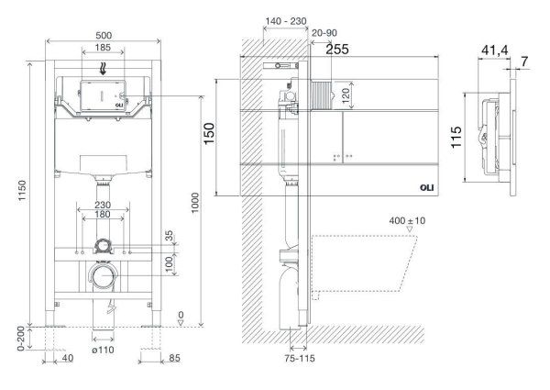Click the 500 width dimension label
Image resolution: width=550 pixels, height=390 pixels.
pos(104,36)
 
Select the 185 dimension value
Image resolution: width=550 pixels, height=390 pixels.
pos(103,48)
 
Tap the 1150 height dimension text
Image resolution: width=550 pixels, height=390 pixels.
pos(22,190)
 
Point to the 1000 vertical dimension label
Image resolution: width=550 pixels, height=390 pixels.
pos(195,203)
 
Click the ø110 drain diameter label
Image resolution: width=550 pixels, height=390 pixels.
pos(103,350)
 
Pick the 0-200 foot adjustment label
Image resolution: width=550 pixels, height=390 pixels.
pos(21,339)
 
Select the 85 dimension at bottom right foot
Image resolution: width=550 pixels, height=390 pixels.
pos(174,358)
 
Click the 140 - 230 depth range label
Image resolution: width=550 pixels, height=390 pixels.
pos(285,21)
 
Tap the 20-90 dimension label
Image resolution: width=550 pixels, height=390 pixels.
pos(324,33)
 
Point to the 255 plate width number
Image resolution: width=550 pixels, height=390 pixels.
pos(337,50)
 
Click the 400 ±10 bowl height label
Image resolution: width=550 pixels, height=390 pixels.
pos(407,221)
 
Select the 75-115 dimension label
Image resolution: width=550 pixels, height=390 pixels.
pos(300,359)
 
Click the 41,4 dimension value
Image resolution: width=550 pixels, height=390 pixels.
pos(495,50)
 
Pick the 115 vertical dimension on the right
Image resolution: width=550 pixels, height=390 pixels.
pos(456,137)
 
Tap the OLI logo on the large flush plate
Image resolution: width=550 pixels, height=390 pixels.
pos(427,188)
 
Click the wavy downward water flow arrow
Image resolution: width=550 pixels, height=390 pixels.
pos(103,68)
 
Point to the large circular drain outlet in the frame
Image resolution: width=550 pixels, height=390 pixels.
pos(103,276)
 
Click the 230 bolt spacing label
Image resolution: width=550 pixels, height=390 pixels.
pos(103,205)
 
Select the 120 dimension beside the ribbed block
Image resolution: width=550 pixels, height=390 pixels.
pos(346,95)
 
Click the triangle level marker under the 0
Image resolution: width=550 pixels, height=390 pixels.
pos(181,322)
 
